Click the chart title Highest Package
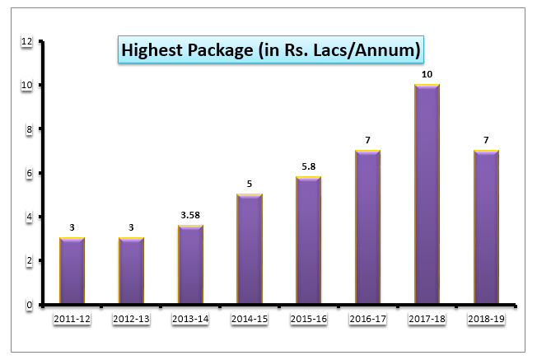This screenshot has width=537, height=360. point(271,51)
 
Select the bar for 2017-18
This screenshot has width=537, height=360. point(427,194)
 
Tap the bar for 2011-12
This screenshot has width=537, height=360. point(72,271)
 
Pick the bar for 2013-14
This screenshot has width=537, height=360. point(190,264)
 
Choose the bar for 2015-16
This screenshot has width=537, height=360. point(308,241)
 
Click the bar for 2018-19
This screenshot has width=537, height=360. point(486,227)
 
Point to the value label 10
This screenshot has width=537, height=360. point(427,74)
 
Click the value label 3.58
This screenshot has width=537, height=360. point(190,215)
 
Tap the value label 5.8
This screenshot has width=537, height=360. point(308,166)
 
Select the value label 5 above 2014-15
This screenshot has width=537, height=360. point(249,185)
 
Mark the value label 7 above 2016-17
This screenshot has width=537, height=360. point(367,140)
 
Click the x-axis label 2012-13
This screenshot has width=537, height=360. point(131,319)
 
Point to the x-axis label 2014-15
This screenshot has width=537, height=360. point(249,319)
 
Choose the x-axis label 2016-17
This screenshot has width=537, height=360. point(367,319)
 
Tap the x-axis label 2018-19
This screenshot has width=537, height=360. point(486,319)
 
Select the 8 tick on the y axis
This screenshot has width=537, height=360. point(30,129)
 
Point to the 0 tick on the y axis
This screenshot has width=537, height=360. point(30,305)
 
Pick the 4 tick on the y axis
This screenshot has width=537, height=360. point(30,217)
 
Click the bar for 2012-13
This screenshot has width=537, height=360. point(131,271)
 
